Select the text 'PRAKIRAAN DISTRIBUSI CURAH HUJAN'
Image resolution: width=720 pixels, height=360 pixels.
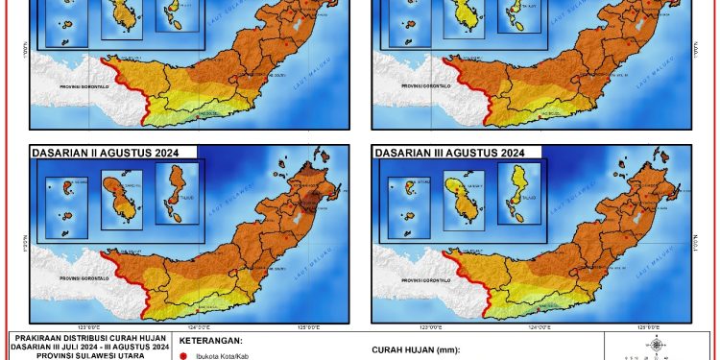(x=84, y=337)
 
